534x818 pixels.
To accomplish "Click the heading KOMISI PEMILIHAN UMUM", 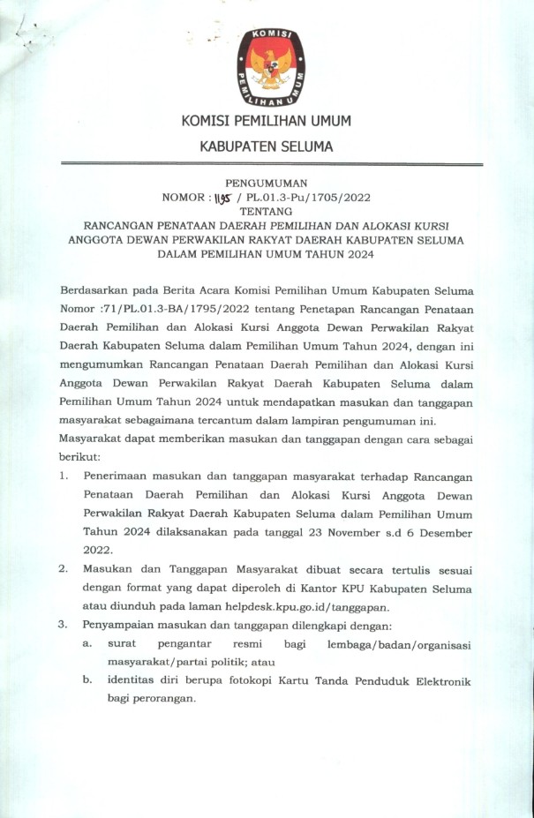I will click(x=267, y=121).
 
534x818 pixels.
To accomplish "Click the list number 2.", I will click(x=64, y=570).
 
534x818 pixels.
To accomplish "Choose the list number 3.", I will click(x=64, y=625).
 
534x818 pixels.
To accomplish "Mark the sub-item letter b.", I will click(x=87, y=681).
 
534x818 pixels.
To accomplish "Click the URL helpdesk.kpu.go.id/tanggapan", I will click(x=330, y=606).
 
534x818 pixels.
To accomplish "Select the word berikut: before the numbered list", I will click(x=80, y=457).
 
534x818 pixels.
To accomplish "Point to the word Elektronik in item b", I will click(x=441, y=681).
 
